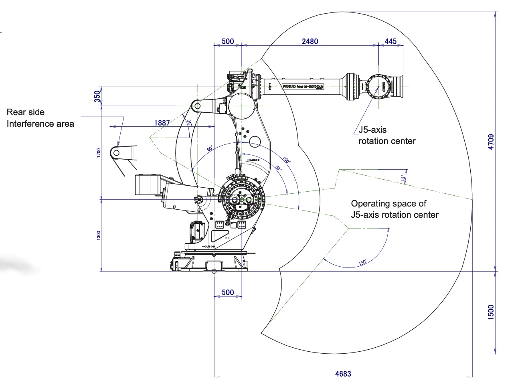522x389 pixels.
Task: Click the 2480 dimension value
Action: point(310,41)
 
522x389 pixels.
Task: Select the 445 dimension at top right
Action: point(390,41)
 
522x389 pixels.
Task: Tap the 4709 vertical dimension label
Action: point(491,142)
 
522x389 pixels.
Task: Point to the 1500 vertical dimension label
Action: point(491,312)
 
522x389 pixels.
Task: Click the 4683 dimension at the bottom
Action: point(343,374)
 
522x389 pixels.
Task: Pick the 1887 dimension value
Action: point(162,123)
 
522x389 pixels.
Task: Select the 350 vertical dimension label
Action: point(97,96)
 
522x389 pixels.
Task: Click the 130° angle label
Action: point(362,263)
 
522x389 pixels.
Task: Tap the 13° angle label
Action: point(403,177)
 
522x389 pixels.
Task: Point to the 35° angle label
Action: point(189,123)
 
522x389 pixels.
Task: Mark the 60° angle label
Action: point(210,148)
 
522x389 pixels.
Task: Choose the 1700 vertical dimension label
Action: point(99,153)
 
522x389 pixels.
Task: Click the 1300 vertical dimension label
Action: point(99,235)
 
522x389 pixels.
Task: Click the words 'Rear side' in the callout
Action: point(26,112)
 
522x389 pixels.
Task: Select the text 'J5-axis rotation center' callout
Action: point(386,135)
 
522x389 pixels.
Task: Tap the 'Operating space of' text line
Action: point(388,204)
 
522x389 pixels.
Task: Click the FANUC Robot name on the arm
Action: point(303,87)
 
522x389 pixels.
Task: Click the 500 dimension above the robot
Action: point(228,41)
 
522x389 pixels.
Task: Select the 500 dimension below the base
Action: point(228,292)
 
